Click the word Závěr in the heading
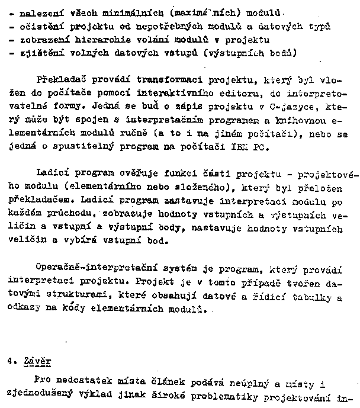[38, 359]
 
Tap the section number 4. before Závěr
[10, 359]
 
